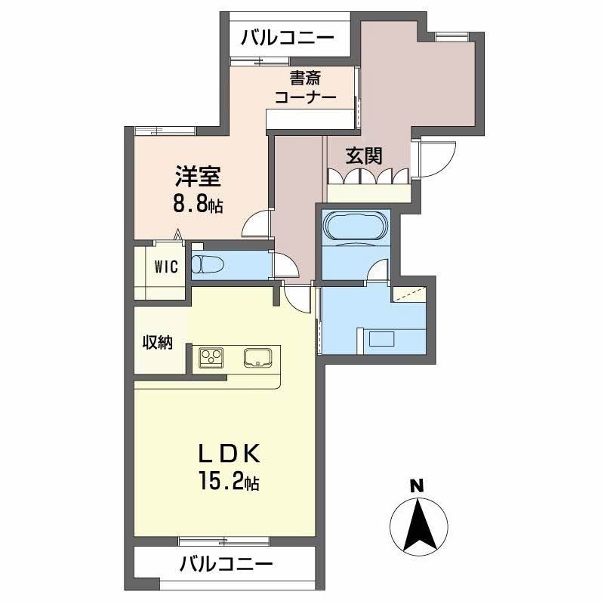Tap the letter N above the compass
coord(416,485)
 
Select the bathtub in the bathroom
coord(355,226)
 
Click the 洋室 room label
coord(198,177)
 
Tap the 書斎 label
coord(306,77)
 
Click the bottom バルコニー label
coord(226,563)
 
